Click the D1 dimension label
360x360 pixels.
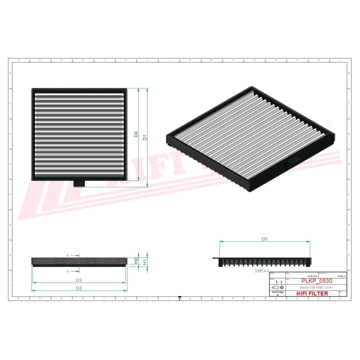coord(144,137)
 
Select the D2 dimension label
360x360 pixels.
coord(79,288)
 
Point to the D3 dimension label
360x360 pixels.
coord(79,280)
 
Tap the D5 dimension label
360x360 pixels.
coord(265,239)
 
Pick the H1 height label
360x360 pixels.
coord(144,261)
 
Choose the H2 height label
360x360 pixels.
coord(136,260)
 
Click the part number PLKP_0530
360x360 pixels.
coord(316,282)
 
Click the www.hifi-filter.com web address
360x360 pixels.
coord(316,288)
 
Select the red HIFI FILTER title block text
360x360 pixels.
coord(312,293)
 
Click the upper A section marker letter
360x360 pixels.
coord(68,255)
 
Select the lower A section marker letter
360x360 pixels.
coord(68,271)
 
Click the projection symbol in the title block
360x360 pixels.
coord(276,288)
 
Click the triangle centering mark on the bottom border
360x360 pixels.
coord(180,298)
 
